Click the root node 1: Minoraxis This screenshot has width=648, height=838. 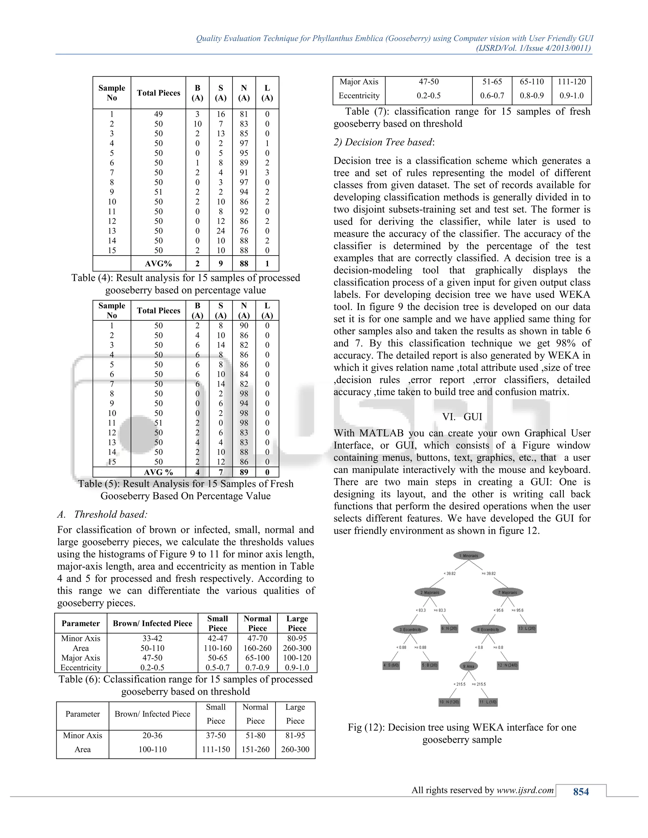(469, 556)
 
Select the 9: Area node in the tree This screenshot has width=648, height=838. (468, 667)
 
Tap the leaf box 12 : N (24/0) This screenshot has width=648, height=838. (508, 665)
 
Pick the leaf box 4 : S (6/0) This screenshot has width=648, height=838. (391, 665)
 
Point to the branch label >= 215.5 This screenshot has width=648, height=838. (479, 684)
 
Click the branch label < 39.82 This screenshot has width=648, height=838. (450, 574)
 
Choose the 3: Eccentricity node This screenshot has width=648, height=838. (410, 630)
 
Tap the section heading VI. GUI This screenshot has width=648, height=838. (462, 417)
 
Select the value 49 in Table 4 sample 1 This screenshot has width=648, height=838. (158, 114)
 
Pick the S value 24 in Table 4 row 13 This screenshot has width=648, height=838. (221, 231)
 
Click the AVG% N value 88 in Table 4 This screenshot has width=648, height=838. (244, 264)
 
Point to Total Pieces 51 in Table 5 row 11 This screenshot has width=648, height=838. (158, 423)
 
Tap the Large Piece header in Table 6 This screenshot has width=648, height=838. (297, 624)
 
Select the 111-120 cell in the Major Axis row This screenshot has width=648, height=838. (572, 82)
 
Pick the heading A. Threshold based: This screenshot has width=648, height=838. (103, 515)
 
